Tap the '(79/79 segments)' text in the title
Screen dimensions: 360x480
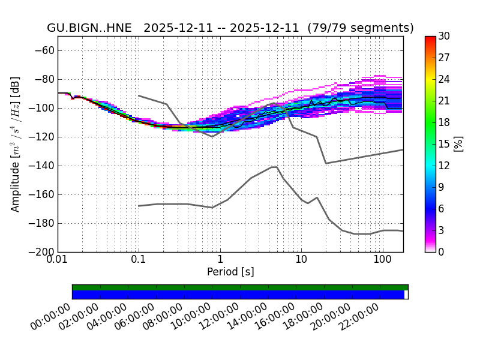pos(360,28)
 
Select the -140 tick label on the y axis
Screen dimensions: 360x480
pos(41,166)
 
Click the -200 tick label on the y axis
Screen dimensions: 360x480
pos(41,252)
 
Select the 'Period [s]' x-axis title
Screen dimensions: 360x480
pos(230,272)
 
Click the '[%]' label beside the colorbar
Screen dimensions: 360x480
pos(458,144)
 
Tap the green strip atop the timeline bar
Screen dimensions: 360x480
pos(240,287)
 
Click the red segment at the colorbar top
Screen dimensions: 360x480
pos(430,40)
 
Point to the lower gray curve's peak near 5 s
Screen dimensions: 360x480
pos(274,167)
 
